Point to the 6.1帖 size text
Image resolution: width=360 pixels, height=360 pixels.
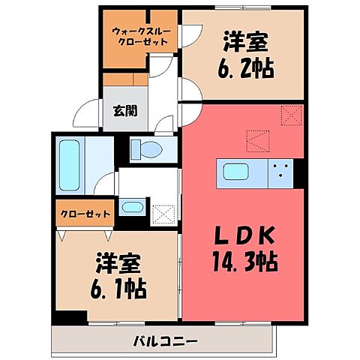point(120,286)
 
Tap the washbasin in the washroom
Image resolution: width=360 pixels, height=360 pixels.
point(132,206)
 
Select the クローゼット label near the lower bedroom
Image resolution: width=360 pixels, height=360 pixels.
point(85,214)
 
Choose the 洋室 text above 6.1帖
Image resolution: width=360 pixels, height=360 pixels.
point(120,263)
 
